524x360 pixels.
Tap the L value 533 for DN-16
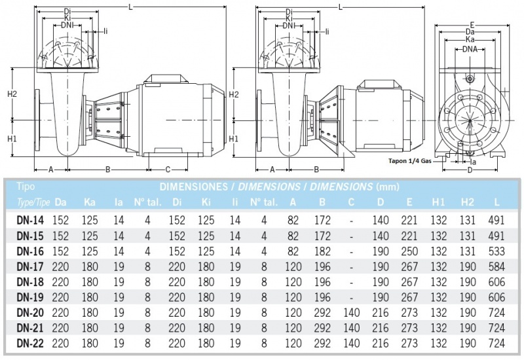click(496, 251)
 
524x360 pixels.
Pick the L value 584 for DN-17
click(496, 266)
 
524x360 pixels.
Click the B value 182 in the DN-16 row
click(322, 251)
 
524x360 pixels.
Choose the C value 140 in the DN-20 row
click(351, 311)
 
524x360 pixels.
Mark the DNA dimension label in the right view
click(470, 50)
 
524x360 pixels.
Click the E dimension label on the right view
click(471, 25)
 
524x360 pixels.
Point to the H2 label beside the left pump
click(12, 94)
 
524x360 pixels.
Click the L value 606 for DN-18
click(496, 281)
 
